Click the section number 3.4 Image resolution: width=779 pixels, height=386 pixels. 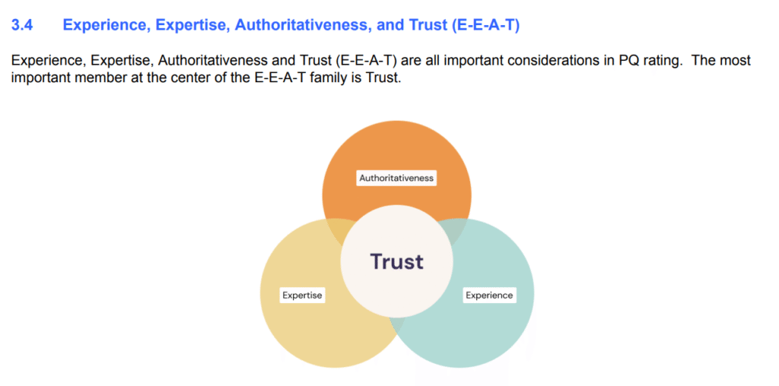[22, 26]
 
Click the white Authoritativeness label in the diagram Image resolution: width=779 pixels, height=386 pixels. [396, 177]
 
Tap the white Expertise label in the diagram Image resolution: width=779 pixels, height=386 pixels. [302, 295]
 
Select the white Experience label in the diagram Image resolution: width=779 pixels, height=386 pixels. [489, 295]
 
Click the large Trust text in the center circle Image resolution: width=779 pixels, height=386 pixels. [396, 261]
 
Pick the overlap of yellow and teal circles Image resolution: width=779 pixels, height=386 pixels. [397, 325]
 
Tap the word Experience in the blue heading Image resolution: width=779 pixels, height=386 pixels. [105, 26]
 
